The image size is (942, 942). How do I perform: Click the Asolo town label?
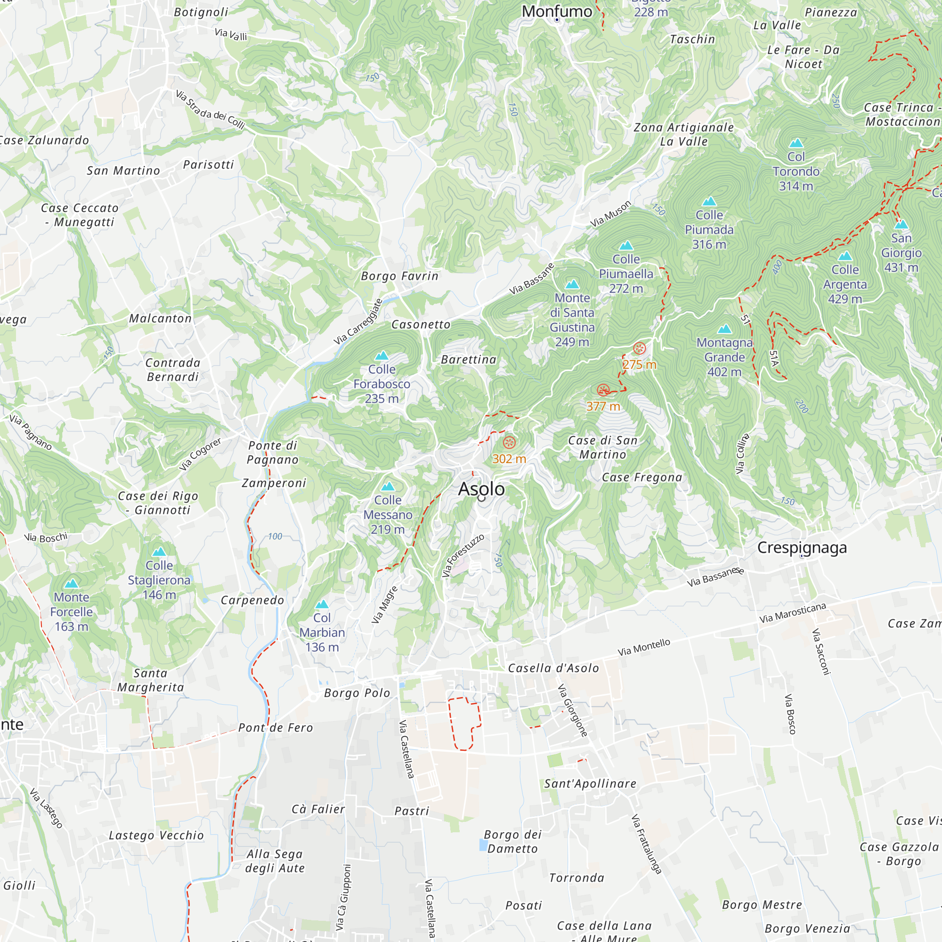[x=481, y=489]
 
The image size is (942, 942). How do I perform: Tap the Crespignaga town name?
[x=802, y=548]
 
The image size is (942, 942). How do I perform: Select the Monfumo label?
[x=557, y=11]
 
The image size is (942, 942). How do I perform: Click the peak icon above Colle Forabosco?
[x=382, y=356]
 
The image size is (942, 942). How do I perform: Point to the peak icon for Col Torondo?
[x=796, y=143]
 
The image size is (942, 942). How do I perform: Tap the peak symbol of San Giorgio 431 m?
[x=901, y=224]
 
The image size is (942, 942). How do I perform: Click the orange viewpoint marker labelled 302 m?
[x=509, y=443]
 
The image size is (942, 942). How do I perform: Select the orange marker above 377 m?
[x=603, y=390]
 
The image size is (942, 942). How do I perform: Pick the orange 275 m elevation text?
[x=639, y=365]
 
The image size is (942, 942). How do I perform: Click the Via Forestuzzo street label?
[x=463, y=556]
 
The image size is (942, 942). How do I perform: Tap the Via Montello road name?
[x=643, y=648]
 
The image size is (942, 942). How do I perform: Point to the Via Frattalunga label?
[x=646, y=844]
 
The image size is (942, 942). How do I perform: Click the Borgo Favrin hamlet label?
[x=399, y=276]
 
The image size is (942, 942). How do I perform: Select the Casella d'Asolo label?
[x=553, y=668]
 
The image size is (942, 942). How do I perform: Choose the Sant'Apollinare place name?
[x=590, y=784]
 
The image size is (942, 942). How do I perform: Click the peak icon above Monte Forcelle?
[x=72, y=584]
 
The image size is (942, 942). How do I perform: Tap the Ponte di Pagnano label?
[x=273, y=453]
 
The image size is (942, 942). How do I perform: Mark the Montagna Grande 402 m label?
[x=724, y=357]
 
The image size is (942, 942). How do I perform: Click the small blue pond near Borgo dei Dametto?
[x=483, y=845]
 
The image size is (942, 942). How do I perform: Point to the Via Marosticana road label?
[x=792, y=613]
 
